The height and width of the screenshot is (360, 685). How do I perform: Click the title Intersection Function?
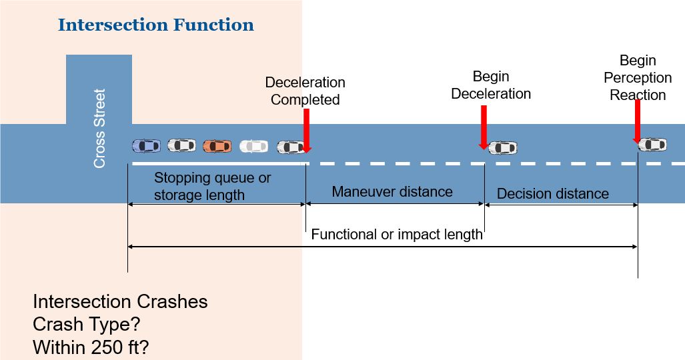155,26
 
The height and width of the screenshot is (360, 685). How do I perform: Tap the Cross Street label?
99,129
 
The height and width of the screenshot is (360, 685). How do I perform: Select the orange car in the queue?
217,145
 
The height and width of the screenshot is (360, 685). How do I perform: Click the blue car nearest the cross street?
146,145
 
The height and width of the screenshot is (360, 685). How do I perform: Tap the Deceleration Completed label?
305,91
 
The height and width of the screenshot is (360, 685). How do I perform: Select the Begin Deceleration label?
491,85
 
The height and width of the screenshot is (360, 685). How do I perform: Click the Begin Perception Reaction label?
638,78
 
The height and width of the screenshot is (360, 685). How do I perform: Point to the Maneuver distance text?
392,192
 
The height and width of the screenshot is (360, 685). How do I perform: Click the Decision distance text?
553,194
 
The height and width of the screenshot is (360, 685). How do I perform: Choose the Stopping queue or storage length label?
212,187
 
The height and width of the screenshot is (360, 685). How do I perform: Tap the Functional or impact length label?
397,235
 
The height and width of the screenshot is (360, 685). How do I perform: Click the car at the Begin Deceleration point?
503,147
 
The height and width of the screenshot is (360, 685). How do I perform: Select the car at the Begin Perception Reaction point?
652,144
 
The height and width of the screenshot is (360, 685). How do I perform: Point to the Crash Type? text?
87,325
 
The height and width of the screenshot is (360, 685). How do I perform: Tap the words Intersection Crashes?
120,302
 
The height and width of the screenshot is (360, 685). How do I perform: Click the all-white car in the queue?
253,146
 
